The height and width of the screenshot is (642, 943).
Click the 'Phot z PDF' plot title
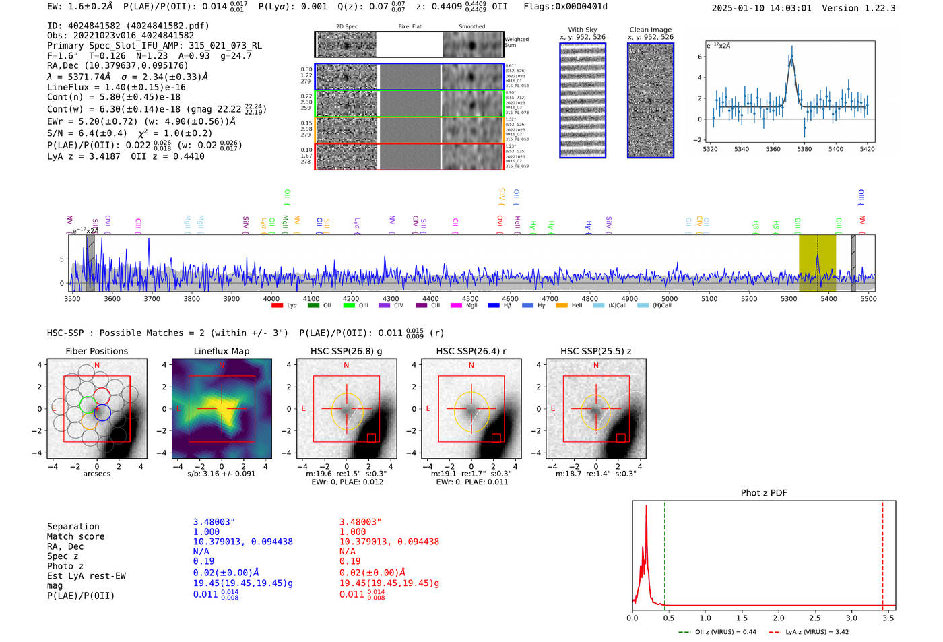point(763,493)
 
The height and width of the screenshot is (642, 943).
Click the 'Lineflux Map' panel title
point(221,351)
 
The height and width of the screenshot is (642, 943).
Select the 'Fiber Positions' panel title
point(96,351)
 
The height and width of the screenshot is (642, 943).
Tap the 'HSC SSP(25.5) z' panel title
point(595,351)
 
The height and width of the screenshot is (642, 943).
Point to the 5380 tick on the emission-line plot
point(804,149)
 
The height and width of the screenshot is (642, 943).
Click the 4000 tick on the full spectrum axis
point(271,298)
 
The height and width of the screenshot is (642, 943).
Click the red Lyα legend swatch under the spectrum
point(277,306)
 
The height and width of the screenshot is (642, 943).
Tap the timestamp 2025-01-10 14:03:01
point(761,8)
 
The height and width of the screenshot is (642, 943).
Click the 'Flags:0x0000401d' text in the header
point(565,7)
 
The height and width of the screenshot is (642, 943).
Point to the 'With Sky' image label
point(582,30)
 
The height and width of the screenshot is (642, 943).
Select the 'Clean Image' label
point(650,30)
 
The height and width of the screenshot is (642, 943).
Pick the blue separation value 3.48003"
point(214,522)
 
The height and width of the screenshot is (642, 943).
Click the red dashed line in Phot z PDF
point(882,552)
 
